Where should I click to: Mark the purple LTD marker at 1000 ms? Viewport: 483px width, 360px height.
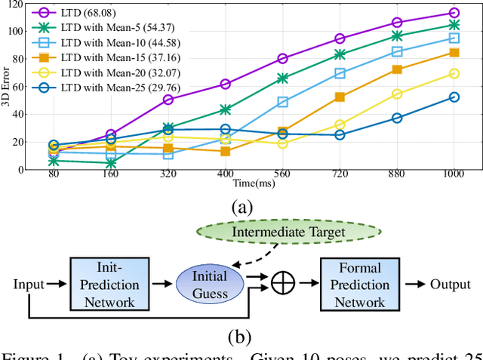pyautogui.click(x=454, y=13)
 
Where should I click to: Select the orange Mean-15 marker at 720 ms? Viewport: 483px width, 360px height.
pyautogui.click(x=340, y=97)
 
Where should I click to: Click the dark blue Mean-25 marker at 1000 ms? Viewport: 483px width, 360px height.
pyautogui.click(x=454, y=97)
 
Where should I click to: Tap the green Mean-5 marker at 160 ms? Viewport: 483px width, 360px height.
pyautogui.click(x=111, y=162)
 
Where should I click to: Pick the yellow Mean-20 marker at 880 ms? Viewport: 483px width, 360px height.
pyautogui.click(x=397, y=94)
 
